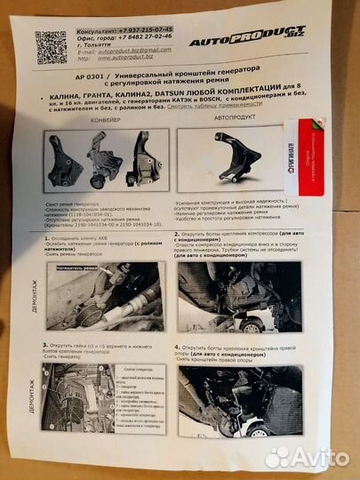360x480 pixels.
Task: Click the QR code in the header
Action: point(52,46)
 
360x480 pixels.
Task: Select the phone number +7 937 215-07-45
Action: point(142,29)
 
